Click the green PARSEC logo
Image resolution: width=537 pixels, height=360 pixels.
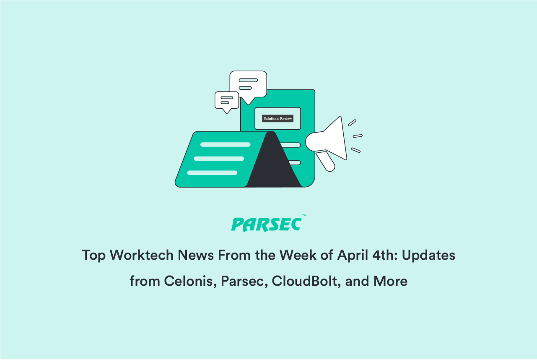pyautogui.click(x=266, y=224)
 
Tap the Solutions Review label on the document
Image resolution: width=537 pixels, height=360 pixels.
pyautogui.click(x=278, y=118)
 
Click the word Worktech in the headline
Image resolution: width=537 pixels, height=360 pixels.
pyautogui.click(x=141, y=255)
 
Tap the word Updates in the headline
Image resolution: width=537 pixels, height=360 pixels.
pyautogui.click(x=428, y=256)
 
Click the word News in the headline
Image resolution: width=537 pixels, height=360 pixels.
pyautogui.click(x=195, y=255)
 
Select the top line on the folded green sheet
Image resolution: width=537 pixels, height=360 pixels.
pyautogui.click(x=226, y=144)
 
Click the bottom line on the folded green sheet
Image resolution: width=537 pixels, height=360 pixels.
pyautogui.click(x=212, y=173)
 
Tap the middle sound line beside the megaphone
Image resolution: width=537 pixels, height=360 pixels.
pyautogui.click(x=358, y=136)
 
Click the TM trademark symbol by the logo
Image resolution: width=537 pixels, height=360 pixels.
pyautogui.click(x=304, y=216)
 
